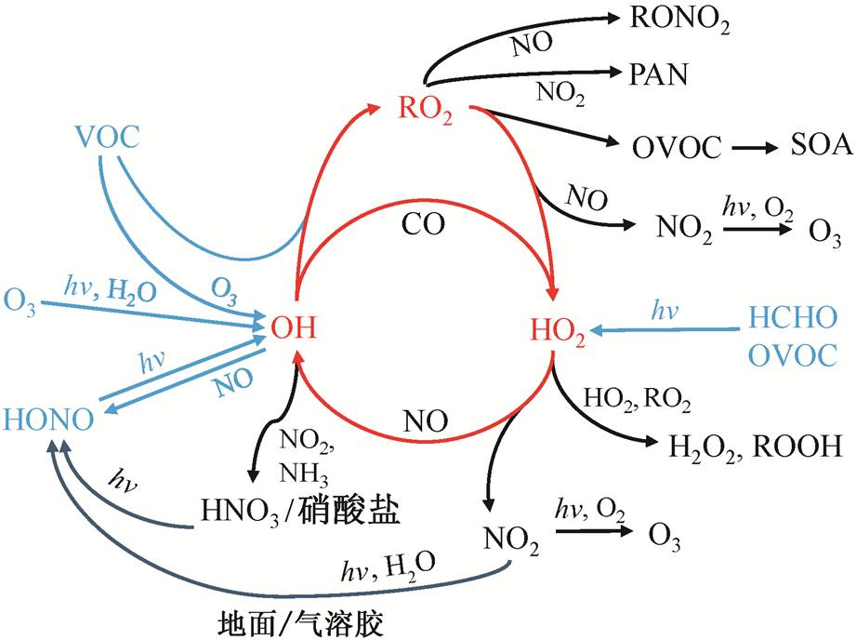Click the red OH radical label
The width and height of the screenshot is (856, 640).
coord(294,327)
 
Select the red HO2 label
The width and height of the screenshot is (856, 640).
coord(557,329)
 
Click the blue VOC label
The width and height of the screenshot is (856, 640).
coord(108,139)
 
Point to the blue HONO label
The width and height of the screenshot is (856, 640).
coord(48,420)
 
